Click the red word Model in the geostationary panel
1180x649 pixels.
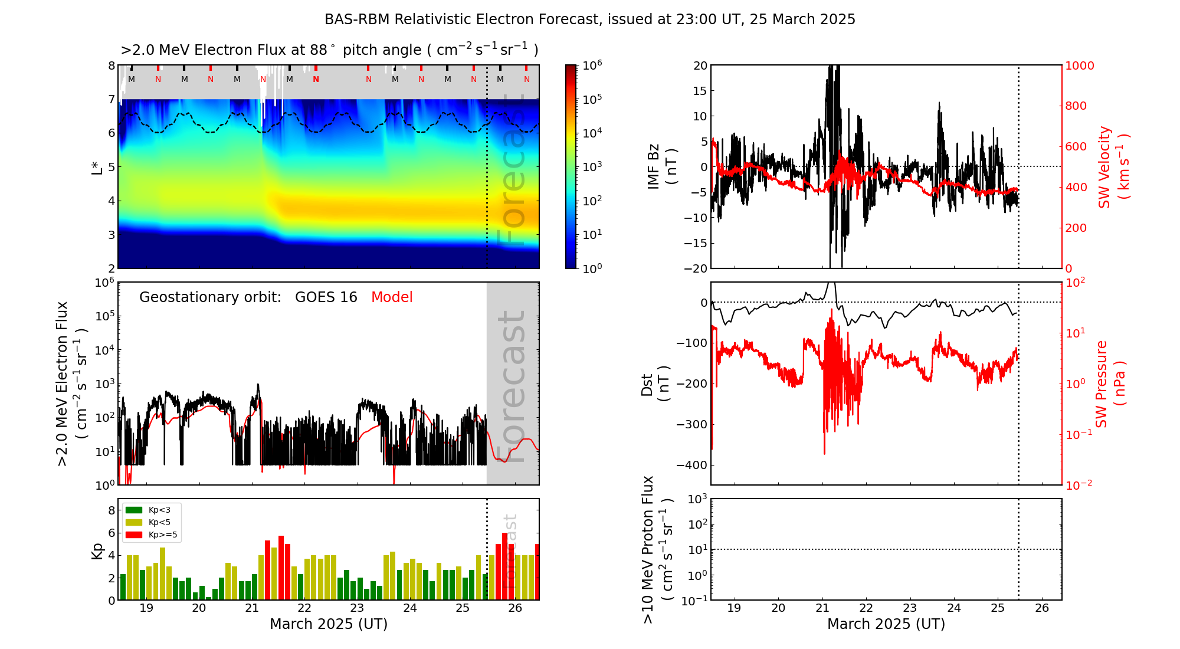point(392,297)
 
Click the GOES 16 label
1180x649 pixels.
point(326,297)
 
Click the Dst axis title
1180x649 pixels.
point(655,384)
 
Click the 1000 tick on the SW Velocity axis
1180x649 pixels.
point(1079,65)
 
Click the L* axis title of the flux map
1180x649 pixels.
point(97,167)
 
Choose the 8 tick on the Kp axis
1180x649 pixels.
point(112,510)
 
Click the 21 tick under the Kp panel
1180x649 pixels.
point(252,608)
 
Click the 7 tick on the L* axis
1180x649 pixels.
point(112,99)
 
